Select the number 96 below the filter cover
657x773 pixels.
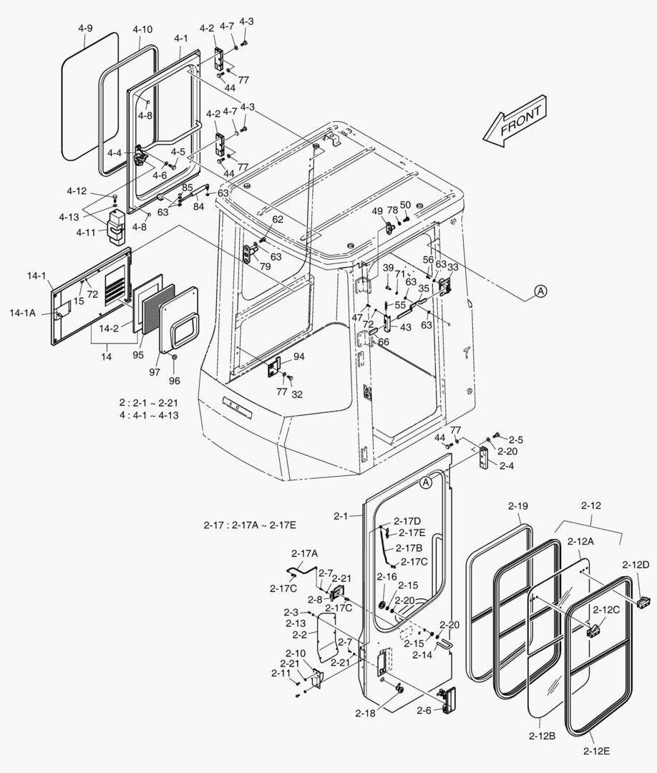[x=174, y=380]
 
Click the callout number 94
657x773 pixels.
[x=298, y=356]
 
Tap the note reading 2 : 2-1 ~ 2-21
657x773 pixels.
[x=150, y=403]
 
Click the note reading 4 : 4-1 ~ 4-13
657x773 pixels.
[x=150, y=415]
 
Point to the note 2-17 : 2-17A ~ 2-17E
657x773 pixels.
[x=250, y=525]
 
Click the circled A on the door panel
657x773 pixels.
[x=426, y=482]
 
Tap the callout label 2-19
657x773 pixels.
[x=518, y=506]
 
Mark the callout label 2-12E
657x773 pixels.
[x=595, y=749]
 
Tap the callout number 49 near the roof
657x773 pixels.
[x=377, y=211]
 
